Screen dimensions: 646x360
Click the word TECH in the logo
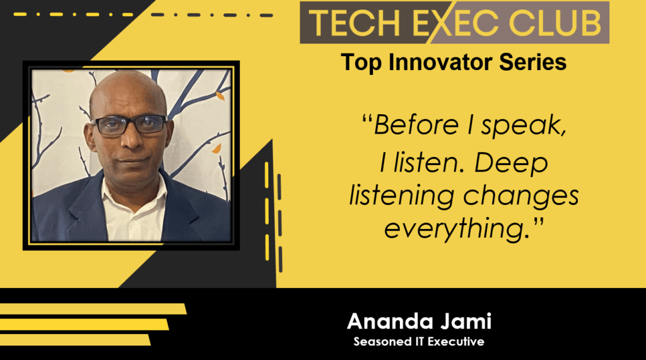pos(355,23)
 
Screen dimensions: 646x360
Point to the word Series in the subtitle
pos(532,62)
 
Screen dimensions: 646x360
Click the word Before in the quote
pos(416,124)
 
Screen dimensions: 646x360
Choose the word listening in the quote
pos(402,197)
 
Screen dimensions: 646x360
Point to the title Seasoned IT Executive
pos(419,342)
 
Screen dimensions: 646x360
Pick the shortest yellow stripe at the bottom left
pos(75,340)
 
